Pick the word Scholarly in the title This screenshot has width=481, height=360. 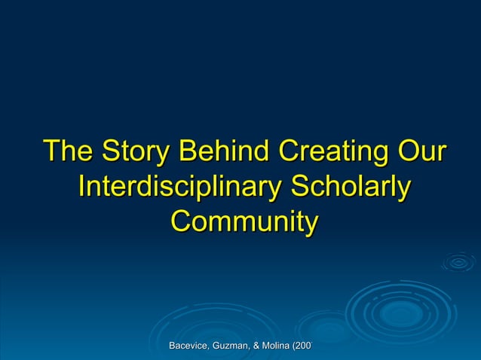tap(351, 186)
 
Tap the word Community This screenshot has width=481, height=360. tap(244, 222)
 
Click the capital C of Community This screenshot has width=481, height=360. tap(181, 222)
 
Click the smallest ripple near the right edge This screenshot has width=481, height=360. tap(458, 262)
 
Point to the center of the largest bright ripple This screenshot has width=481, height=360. tap(401, 311)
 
